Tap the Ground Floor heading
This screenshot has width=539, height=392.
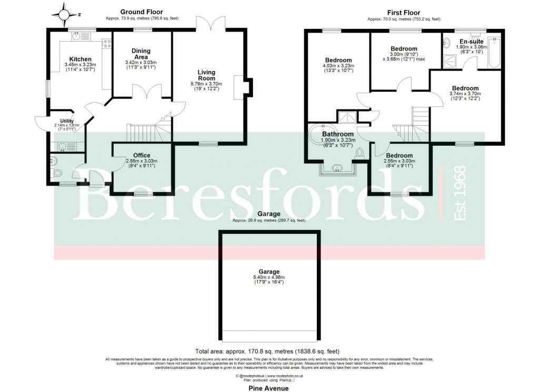coord(142,12)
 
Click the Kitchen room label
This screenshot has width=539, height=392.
coord(81,59)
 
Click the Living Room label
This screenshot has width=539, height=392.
coord(206,75)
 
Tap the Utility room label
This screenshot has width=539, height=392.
coord(67,121)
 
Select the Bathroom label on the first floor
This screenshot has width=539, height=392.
coord(337,134)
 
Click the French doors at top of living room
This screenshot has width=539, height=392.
coord(210,23)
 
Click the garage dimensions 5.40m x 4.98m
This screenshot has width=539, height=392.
coord(269,277)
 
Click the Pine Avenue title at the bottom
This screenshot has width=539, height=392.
coord(269,388)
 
